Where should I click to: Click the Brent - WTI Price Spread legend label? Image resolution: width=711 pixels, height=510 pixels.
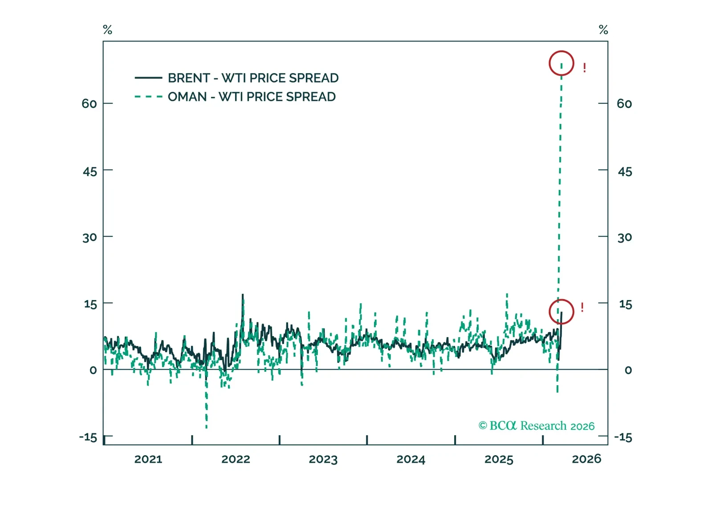click(253, 78)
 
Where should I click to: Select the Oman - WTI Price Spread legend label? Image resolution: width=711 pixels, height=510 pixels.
click(252, 97)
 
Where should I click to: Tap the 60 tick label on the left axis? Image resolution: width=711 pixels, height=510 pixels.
click(89, 104)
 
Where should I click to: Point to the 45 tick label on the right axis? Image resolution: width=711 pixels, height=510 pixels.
click(625, 172)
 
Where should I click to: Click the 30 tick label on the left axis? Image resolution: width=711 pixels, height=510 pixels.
click(89, 238)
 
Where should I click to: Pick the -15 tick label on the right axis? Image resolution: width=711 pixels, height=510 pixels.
click(623, 437)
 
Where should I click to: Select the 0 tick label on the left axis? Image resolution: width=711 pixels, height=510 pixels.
click(93, 370)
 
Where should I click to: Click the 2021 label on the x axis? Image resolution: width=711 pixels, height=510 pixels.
click(148, 459)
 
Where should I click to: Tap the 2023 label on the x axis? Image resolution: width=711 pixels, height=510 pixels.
click(323, 459)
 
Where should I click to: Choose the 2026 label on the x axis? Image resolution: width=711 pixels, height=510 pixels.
click(586, 459)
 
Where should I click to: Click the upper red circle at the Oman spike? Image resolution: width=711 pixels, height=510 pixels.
click(561, 63)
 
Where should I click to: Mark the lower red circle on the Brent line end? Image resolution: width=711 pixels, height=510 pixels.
click(561, 312)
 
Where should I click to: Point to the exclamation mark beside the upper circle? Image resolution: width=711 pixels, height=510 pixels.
click(585, 68)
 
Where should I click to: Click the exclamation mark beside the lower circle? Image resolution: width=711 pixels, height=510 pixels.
click(582, 307)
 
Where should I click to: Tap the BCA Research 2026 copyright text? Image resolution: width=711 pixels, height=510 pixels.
click(536, 426)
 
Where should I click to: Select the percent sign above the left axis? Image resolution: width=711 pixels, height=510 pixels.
click(107, 30)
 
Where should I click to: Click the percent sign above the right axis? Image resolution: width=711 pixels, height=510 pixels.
click(603, 30)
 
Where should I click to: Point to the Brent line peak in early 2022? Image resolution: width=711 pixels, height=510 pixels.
click(243, 295)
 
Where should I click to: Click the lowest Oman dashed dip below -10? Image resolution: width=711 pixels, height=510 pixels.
click(207, 426)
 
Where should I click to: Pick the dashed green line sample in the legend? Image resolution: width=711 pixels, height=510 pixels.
click(148, 97)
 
